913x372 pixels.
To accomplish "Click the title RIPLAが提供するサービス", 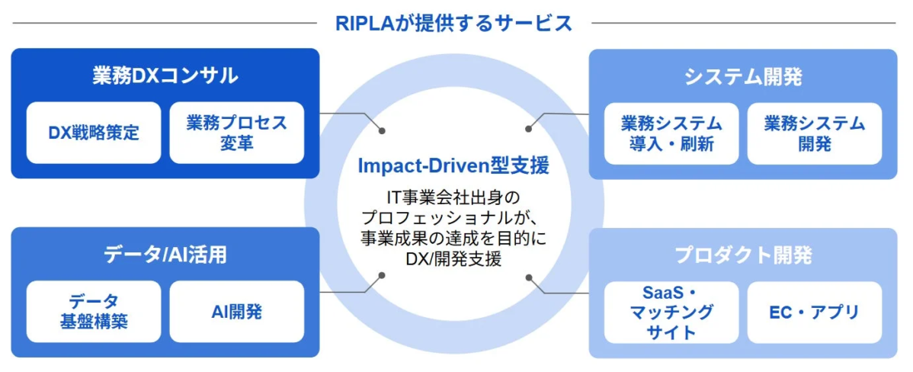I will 454,24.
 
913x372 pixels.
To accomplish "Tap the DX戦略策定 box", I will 94,133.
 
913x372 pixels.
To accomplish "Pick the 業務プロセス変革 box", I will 236,133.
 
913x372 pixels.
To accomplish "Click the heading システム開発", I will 742,76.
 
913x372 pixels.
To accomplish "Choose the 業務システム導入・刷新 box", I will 671,133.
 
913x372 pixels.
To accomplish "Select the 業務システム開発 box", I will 815,133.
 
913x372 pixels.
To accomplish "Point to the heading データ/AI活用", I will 165,255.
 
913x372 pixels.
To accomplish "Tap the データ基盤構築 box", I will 94,312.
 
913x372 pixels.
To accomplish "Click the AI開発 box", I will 236,312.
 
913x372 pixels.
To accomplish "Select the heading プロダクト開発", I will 743,255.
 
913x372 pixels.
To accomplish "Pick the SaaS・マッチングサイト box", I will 671,312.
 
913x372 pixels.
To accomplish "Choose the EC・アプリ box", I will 815,312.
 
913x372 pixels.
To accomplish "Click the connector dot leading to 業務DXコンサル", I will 382,130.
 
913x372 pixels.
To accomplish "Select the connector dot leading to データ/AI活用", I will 382,277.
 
